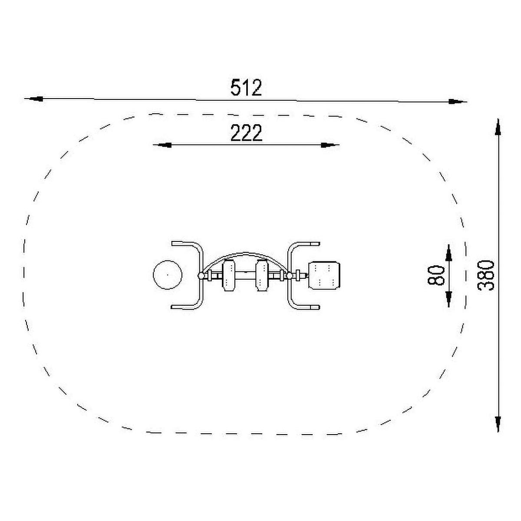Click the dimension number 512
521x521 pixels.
(x=246, y=88)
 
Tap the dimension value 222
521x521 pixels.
(x=246, y=133)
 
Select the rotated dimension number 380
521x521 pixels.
(x=485, y=275)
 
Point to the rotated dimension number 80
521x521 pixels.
(x=436, y=275)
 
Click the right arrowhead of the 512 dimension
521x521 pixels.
(x=458, y=102)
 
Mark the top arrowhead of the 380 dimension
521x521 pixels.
(x=498, y=127)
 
